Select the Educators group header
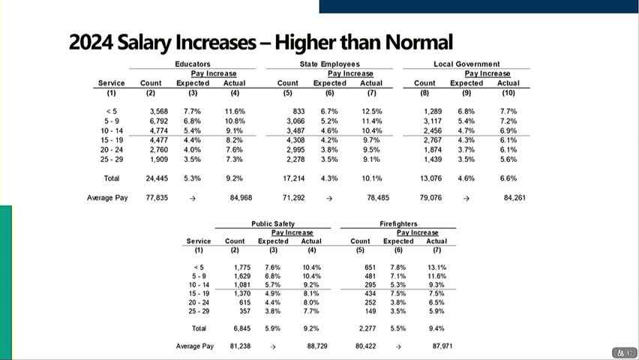192,64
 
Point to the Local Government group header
466,64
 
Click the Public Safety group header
273,223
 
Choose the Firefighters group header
398,223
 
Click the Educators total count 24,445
157,178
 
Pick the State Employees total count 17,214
294,178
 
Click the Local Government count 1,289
430,111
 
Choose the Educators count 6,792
157,121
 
